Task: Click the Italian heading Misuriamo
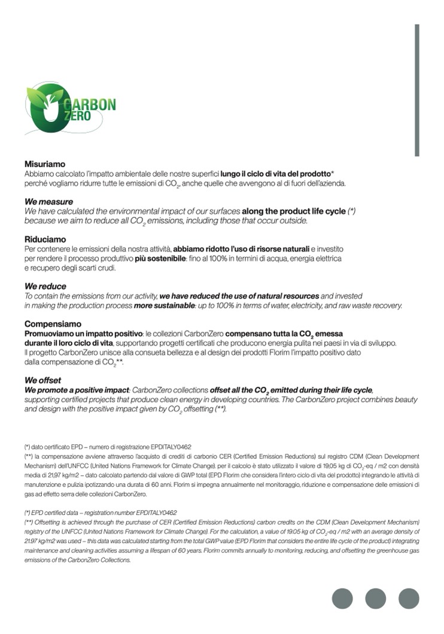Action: [x=44, y=164]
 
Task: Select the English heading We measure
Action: [x=48, y=202]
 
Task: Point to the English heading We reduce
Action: [x=45, y=286]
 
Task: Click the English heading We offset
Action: [x=42, y=380]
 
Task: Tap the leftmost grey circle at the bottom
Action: [x=343, y=598]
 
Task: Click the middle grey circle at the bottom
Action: [x=376, y=598]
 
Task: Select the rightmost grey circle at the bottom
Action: [x=409, y=598]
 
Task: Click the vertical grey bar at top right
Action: [x=417, y=90]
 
